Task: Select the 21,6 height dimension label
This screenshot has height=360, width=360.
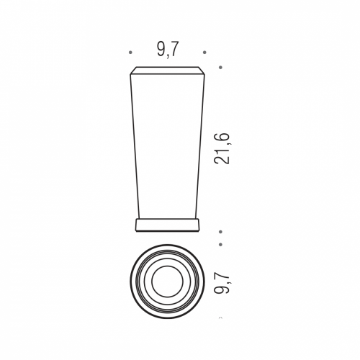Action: point(222,148)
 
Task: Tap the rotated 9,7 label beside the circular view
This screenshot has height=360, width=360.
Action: point(222,282)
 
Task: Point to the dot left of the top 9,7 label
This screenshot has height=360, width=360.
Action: point(130,53)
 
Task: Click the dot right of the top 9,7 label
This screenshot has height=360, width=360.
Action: point(204,53)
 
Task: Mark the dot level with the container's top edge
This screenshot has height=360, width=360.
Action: point(220,68)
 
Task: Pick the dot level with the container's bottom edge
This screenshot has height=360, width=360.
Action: point(220,232)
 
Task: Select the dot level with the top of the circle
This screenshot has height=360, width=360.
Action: point(220,244)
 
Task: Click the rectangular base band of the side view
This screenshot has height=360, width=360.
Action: point(168,225)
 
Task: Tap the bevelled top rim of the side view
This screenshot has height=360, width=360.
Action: point(168,71)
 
